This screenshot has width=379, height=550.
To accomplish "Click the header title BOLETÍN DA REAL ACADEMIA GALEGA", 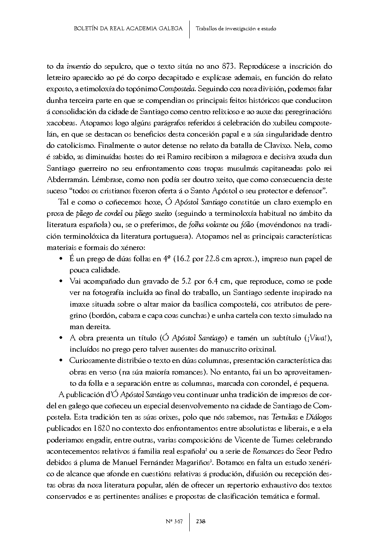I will pos(128,28).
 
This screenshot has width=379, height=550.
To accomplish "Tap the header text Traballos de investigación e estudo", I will pos(236,29).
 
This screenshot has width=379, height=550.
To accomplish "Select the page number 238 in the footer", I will pos(201,521).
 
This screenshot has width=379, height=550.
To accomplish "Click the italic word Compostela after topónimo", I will pos(177,89).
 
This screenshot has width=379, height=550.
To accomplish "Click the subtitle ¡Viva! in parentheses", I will pos(320,338).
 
